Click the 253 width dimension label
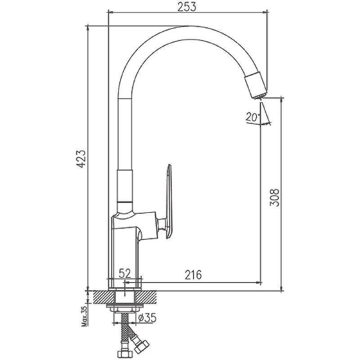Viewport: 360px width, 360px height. (x=187, y=6)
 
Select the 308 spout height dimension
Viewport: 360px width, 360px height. (x=274, y=198)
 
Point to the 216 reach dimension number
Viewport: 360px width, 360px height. (x=193, y=274)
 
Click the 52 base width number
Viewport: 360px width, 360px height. (x=125, y=273)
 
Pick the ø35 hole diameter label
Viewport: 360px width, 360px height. (x=148, y=318)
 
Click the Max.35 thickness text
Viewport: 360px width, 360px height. (x=85, y=316)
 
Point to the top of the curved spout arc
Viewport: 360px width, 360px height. (x=188, y=26)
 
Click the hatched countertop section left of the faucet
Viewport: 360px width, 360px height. (x=103, y=297)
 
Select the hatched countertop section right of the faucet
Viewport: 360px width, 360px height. (x=147, y=297)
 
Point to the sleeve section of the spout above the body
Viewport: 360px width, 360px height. (x=125, y=186)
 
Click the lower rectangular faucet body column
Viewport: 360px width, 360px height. (x=125, y=257)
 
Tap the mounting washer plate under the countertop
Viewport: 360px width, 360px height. (x=125, y=306)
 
